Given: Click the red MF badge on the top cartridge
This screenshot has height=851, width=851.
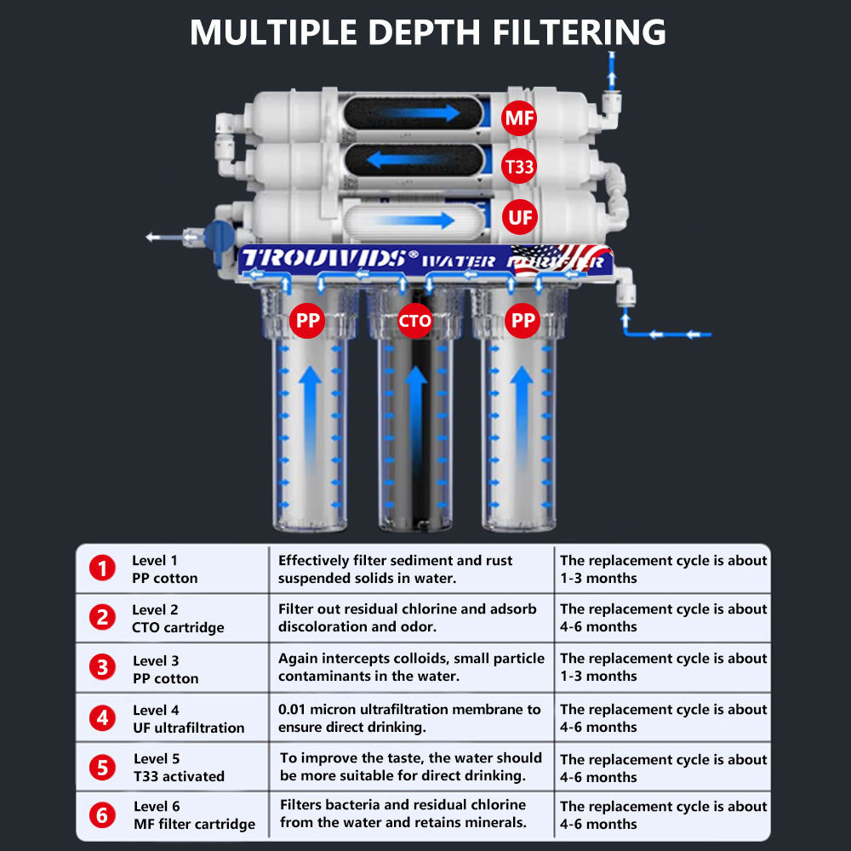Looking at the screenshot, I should click(x=519, y=118).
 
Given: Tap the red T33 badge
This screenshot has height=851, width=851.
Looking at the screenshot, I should click(x=519, y=167).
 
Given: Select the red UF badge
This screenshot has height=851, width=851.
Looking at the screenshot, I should click(x=519, y=217).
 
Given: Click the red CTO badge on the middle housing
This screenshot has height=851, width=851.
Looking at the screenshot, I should click(x=415, y=321).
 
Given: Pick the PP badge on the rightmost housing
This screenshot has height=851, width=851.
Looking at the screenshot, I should click(x=523, y=321).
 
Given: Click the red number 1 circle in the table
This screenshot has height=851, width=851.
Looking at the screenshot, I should click(x=103, y=568).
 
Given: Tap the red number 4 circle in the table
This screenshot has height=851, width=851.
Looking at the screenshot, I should click(x=103, y=718).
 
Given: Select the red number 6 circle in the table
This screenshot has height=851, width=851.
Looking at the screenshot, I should click(x=103, y=815).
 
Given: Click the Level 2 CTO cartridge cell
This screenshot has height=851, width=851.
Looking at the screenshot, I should click(x=178, y=619).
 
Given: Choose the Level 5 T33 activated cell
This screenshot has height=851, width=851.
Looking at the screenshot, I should click(x=179, y=768).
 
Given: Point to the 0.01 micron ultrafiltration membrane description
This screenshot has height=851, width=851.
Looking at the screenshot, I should click(x=409, y=718).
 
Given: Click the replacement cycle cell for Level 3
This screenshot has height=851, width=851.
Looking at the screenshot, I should click(x=663, y=667).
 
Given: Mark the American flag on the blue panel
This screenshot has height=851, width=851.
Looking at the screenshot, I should click(x=562, y=258).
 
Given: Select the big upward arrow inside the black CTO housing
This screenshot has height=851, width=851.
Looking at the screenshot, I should click(x=415, y=408).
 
